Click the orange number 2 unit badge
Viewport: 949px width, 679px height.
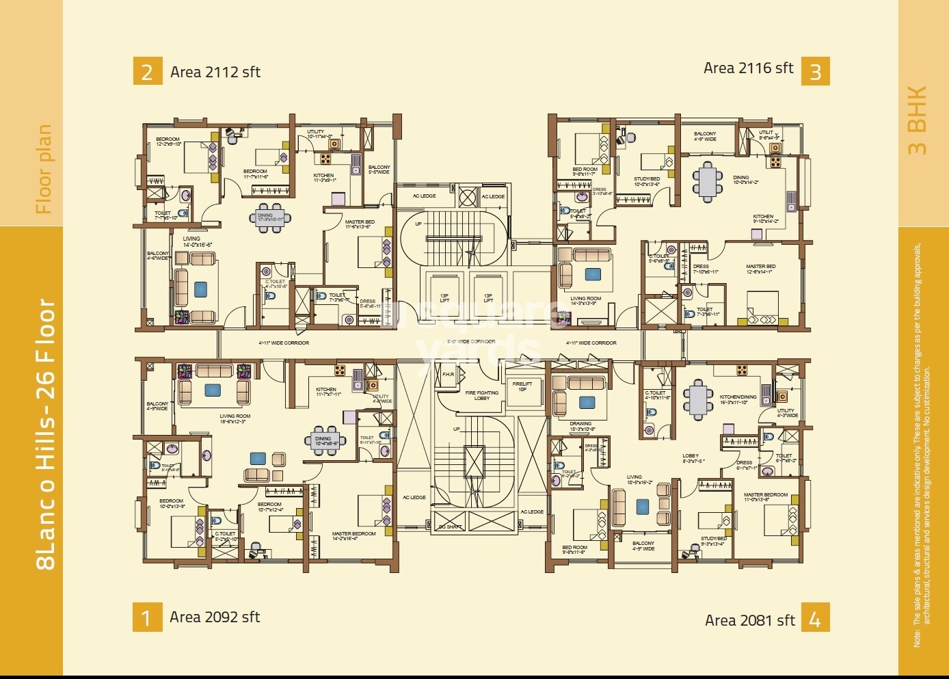148,72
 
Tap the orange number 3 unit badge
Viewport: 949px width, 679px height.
815,72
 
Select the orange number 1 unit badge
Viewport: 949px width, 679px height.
147,617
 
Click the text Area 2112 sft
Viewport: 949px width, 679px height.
215,72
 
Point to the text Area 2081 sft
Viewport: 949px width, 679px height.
750,620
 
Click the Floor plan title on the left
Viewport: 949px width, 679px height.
44,169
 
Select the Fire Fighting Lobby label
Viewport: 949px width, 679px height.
482,395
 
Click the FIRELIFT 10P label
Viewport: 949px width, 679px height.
522,386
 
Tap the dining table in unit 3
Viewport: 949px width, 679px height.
708,181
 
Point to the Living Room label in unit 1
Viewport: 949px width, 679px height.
235,418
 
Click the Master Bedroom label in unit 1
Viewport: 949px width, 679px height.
353,536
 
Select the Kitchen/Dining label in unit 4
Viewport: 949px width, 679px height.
738,399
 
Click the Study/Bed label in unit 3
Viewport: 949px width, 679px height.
647,181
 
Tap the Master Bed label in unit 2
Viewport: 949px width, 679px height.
359,224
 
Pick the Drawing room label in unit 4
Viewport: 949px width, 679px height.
580,426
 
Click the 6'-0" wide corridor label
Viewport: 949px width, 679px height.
471,341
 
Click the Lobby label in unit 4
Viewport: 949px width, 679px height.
692,458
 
